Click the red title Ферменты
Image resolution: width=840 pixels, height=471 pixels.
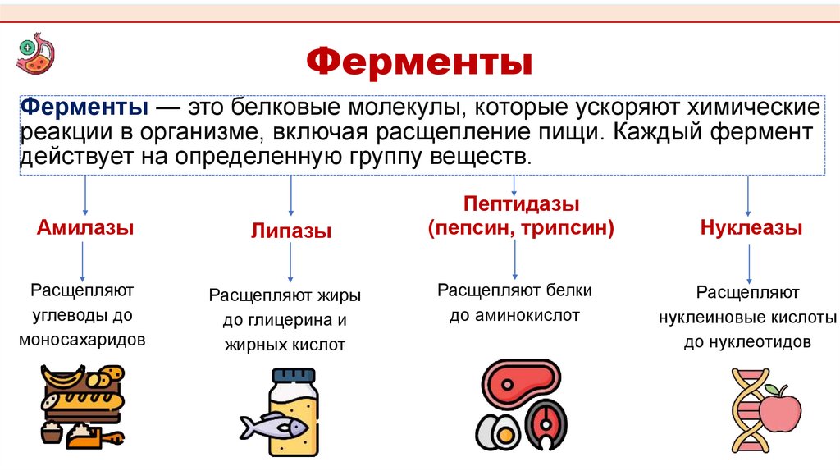419,62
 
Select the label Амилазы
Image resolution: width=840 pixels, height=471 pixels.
85,227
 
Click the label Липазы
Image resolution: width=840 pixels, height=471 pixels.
291,231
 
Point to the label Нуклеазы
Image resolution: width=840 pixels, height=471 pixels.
751,228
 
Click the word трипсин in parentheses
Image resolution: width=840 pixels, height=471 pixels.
569,227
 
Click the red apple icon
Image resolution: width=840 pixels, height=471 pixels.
779,409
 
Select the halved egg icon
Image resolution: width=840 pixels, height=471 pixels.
495,430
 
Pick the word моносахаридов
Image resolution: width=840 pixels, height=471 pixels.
82,338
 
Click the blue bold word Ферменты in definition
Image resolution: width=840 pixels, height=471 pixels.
84,108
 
